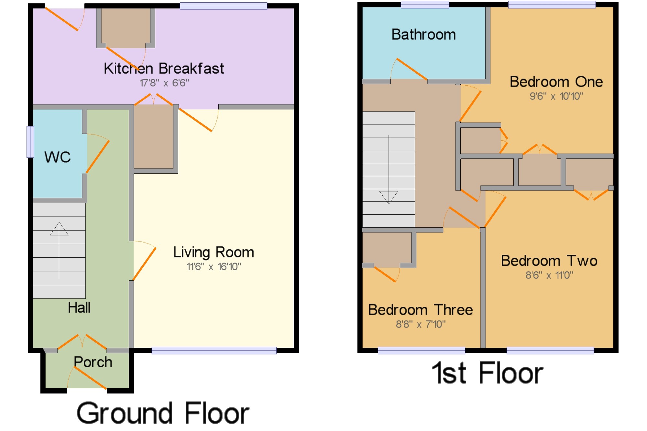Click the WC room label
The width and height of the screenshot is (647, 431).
click(x=58, y=157)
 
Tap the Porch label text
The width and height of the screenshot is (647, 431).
click(x=93, y=362)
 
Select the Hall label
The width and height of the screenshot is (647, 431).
click(x=79, y=307)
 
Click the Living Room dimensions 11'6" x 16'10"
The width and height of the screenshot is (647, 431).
click(x=214, y=267)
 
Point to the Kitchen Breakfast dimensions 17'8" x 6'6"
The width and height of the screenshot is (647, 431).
click(x=164, y=83)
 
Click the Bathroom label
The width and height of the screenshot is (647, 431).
click(x=423, y=34)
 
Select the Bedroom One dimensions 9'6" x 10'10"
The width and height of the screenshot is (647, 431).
click(x=556, y=96)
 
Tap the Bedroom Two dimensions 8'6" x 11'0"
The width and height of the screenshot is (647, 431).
click(x=549, y=275)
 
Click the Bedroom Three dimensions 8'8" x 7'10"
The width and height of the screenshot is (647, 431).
click(x=421, y=324)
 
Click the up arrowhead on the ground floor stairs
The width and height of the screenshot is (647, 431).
click(x=59, y=229)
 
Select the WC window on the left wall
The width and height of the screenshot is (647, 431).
click(x=30, y=142)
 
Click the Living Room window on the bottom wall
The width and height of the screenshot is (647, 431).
click(x=214, y=350)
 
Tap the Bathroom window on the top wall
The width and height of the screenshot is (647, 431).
click(x=425, y=5)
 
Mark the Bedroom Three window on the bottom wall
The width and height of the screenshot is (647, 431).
click(x=421, y=350)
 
